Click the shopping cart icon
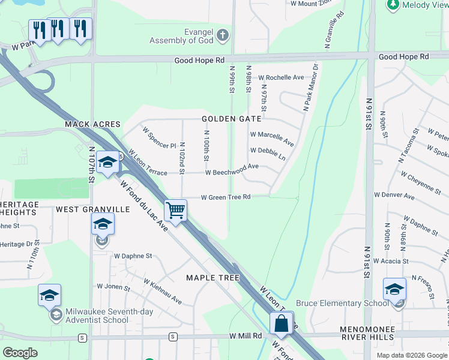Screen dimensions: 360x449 pos(175,211)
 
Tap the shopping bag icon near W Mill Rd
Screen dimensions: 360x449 pos(281,323)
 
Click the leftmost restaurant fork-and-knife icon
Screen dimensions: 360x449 pos(39,30)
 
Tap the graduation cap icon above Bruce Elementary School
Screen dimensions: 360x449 pos(394,289)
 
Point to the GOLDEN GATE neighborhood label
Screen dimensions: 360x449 pos(232,119)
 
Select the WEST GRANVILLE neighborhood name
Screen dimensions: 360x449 pos(93,209)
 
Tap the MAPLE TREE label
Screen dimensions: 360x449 pos(212,278)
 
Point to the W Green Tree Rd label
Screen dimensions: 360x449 pos(225,197)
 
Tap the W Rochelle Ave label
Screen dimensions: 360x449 pos(281,77)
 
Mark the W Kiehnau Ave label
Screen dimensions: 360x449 pos(161,290)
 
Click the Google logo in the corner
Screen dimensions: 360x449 pos(20,352)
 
